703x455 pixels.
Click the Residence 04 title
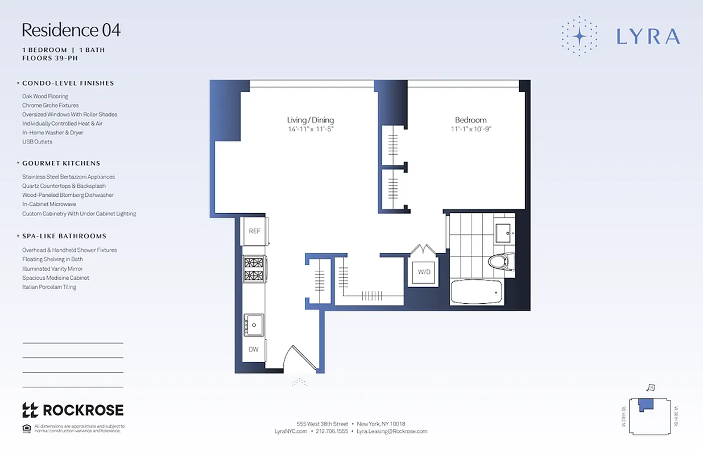[x=71, y=30]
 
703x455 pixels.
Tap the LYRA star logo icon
[x=579, y=36]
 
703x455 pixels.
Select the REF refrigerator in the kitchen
[x=255, y=231]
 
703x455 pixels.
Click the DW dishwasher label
[x=254, y=349]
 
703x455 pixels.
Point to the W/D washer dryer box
[x=424, y=272]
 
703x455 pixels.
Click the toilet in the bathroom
[x=500, y=262]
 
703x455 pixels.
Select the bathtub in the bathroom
[x=477, y=292]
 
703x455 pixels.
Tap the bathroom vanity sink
[x=503, y=232]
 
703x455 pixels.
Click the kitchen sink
[x=254, y=326]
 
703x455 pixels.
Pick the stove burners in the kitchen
[x=254, y=269]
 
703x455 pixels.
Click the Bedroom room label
[x=470, y=120]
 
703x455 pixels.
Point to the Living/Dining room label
[x=310, y=120]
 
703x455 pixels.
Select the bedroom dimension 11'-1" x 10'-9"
[x=470, y=129]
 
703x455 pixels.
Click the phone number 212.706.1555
[x=332, y=431]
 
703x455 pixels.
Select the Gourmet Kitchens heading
[x=61, y=163]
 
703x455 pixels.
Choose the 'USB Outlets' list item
[x=37, y=142]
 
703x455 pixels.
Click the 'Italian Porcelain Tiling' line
[x=49, y=287]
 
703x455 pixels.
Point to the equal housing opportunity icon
[x=26, y=428]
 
